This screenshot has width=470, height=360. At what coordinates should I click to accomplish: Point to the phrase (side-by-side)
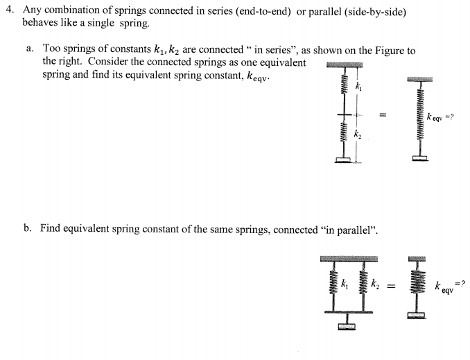374,11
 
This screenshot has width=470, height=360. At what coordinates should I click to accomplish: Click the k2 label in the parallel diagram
374,284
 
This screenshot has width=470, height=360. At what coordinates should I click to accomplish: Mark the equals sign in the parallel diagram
392,284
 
